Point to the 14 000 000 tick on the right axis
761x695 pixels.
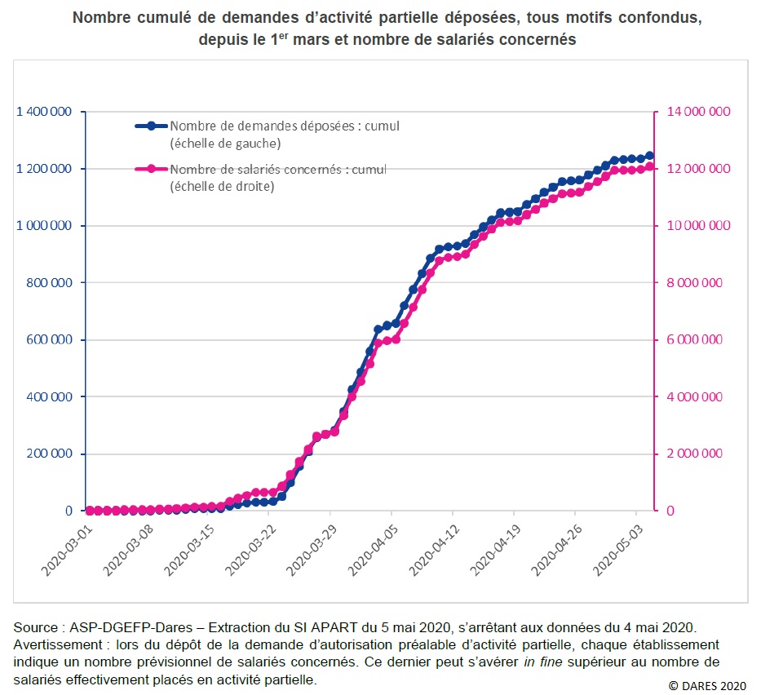695,112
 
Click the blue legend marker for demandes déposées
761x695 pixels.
152,126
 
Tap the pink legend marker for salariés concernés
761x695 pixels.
152,170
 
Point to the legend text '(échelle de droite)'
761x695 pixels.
222,186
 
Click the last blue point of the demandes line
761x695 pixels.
649,156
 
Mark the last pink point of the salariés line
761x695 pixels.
649,166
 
